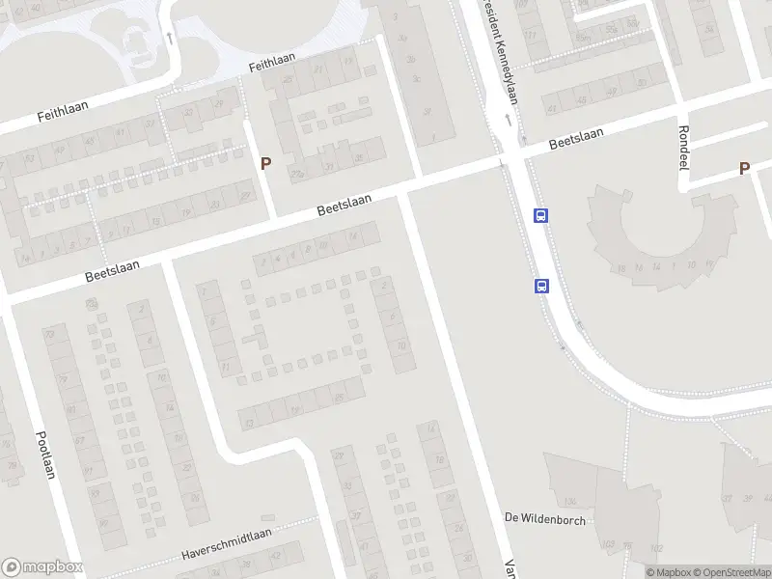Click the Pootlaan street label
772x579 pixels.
coord(44,452)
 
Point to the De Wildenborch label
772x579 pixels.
coord(544,518)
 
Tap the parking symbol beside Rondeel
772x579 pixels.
coord(744,168)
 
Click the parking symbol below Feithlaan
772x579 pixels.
coord(264,164)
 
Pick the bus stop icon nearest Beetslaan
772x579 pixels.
coord(541,216)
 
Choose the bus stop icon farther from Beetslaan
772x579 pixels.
coord(541,286)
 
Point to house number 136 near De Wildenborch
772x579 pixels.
coord(569,501)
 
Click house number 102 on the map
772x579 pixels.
coord(656,548)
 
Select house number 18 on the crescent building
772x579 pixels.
coord(621,267)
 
